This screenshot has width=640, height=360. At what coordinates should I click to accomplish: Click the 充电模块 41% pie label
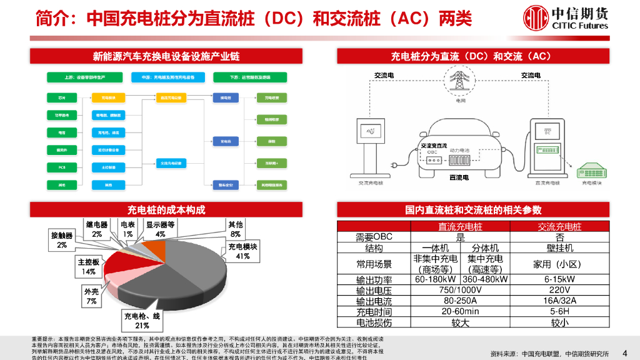243,251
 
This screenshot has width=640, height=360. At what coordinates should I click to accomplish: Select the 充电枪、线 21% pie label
142,321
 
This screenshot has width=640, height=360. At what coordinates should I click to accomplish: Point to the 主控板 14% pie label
87,266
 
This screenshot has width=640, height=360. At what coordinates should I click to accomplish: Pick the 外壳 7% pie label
91,296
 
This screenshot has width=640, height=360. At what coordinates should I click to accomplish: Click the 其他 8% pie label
236,229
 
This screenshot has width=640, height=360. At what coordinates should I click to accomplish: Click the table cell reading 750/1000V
461,290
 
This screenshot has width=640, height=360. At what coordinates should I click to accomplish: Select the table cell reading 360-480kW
485,279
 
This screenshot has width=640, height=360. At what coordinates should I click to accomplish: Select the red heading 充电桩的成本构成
166,209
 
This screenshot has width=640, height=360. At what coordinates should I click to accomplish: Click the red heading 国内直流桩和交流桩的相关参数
472,209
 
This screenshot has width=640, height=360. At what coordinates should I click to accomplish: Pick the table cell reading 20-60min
461,311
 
